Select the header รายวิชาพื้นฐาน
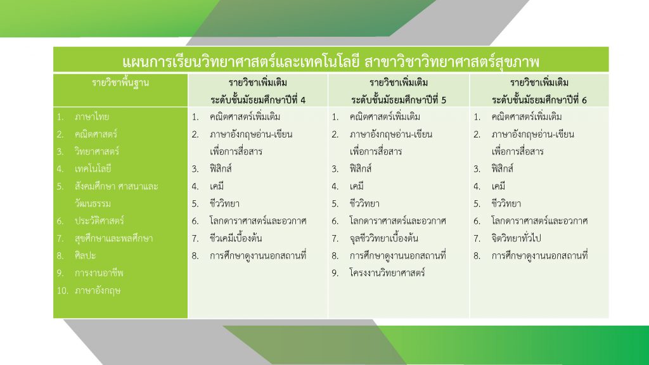click(x=120, y=83)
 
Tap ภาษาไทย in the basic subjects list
click(x=92, y=117)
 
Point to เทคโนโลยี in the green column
click(x=93, y=169)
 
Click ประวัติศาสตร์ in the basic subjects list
click(x=100, y=221)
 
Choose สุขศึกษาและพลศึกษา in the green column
click(x=114, y=238)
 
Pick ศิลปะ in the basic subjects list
click(x=86, y=256)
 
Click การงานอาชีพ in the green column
click(x=99, y=273)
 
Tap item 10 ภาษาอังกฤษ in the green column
click(x=98, y=290)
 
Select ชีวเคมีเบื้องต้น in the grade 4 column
click(x=236, y=238)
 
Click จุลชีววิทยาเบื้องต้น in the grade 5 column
click(x=383, y=238)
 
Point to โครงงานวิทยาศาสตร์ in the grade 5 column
click(x=387, y=273)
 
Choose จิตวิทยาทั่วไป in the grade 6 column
click(x=516, y=238)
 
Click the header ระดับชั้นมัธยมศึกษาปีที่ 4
click(x=258, y=100)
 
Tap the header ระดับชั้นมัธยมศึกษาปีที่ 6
click(x=539, y=100)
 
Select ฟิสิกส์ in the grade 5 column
click(x=361, y=169)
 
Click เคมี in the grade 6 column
click(x=498, y=186)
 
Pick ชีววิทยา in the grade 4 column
click(x=224, y=203)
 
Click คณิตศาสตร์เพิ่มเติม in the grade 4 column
click(x=245, y=117)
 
